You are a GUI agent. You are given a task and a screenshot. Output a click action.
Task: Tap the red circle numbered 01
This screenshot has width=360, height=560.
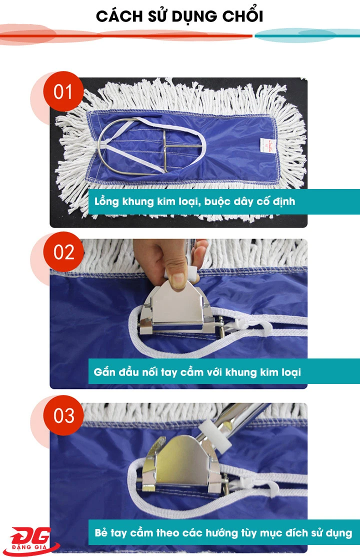point(63,92)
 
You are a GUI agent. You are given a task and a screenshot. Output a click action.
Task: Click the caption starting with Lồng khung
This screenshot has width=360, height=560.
point(194,202)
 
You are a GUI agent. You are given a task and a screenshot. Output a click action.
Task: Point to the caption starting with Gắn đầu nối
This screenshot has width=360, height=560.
point(197,372)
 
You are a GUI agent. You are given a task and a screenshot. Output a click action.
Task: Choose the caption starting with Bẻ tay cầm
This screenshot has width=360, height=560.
point(223,532)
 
